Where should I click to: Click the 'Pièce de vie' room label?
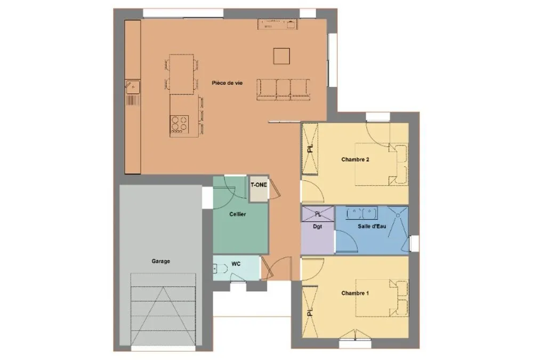[x=227, y=83]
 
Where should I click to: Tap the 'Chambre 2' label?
[x=355, y=159]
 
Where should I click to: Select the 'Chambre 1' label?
[x=355, y=293]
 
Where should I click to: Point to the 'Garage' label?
[x=161, y=261]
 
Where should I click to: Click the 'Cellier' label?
[x=238, y=214]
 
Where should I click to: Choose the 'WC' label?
[x=236, y=263]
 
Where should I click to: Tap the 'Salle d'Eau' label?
[x=372, y=226]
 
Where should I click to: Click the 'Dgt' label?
[x=318, y=226]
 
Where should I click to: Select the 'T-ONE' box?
[x=259, y=189]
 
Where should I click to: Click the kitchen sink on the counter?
[x=133, y=87]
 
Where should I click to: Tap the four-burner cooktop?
[x=180, y=124]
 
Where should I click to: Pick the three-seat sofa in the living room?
[x=283, y=90]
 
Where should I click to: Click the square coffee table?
[x=282, y=56]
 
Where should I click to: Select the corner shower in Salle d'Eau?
[x=398, y=218]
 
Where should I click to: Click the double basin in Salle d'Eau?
[x=362, y=213]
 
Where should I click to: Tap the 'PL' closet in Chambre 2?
[x=310, y=149]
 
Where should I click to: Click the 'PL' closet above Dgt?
[x=318, y=214]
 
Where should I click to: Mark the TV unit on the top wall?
[x=277, y=24]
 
